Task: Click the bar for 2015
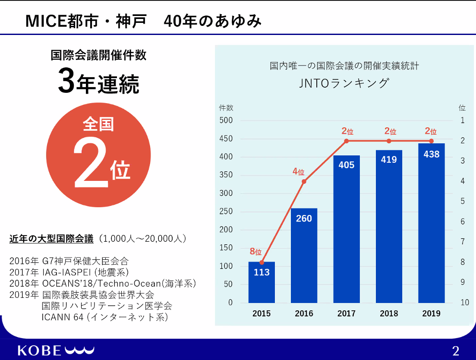pyautogui.click(x=262, y=283)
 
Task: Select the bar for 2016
pyautogui.click(x=304, y=256)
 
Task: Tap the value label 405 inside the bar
pyautogui.click(x=347, y=165)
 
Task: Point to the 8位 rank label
pyautogui.click(x=255, y=252)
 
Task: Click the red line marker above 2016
pyautogui.click(x=304, y=181)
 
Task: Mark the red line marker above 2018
pyautogui.click(x=389, y=141)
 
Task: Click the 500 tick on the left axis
pyautogui.click(x=226, y=120)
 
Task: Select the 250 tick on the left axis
pyautogui.click(x=226, y=212)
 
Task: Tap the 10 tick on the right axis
pyautogui.click(x=464, y=303)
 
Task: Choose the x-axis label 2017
pyautogui.click(x=347, y=314)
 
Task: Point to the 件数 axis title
pyautogui.click(x=226, y=107)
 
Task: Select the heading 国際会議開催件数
pyautogui.click(x=98, y=56)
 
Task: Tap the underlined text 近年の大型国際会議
pyautogui.click(x=51, y=239)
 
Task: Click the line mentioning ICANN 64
pyautogui.click(x=104, y=317)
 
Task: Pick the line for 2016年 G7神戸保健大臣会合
pyautogui.click(x=69, y=261)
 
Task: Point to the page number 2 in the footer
pyautogui.click(x=456, y=350)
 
